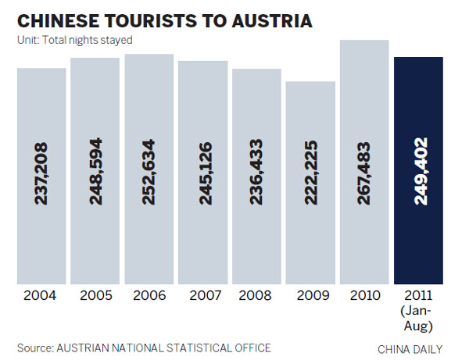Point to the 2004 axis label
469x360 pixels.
(x=41, y=296)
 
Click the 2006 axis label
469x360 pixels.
(x=149, y=296)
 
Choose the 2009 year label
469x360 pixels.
(x=310, y=296)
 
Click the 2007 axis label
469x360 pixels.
(x=202, y=296)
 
